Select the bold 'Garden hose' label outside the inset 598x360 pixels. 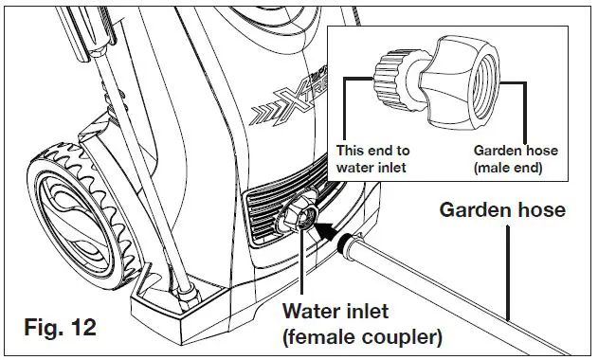pyautogui.click(x=501, y=209)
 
